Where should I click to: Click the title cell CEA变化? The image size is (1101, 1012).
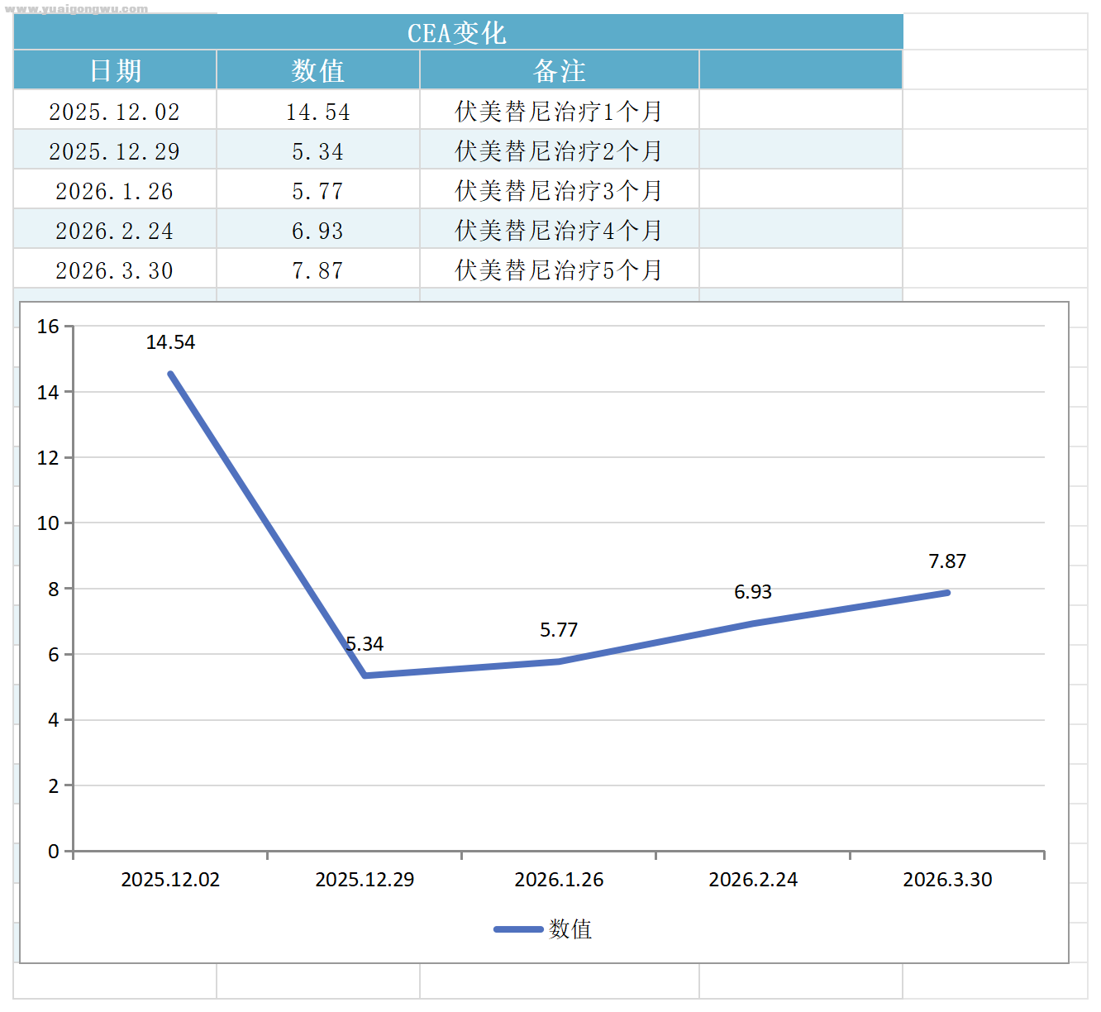pyautogui.click(x=457, y=33)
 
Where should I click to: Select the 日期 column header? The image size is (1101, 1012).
pyautogui.click(x=115, y=70)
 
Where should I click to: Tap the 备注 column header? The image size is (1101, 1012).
pyautogui.click(x=559, y=70)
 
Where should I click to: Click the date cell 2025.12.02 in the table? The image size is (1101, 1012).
pyautogui.click(x=114, y=111)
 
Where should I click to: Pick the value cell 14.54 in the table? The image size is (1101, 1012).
pyautogui.click(x=317, y=111)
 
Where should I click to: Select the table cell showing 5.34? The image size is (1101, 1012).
pyautogui.click(x=317, y=150)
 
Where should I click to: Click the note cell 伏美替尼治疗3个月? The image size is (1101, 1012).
pyautogui.click(x=559, y=190)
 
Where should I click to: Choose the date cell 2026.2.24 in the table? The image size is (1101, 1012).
pyautogui.click(x=114, y=230)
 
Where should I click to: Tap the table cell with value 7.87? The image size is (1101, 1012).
pyautogui.click(x=317, y=270)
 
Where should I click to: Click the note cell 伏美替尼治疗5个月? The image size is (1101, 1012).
pyautogui.click(x=559, y=270)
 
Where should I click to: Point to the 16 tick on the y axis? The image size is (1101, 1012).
pyautogui.click(x=48, y=327)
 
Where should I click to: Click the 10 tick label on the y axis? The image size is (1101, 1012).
pyautogui.click(x=48, y=523)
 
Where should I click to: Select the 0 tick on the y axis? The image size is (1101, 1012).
pyautogui.click(x=54, y=851)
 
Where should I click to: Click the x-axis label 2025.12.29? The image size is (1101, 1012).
pyautogui.click(x=365, y=879)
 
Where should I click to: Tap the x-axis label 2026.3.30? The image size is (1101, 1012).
pyautogui.click(x=947, y=879)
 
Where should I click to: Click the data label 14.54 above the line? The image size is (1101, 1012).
pyautogui.click(x=170, y=342)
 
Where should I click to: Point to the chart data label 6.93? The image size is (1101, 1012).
pyautogui.click(x=753, y=592)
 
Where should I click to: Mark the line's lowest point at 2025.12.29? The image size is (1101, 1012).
pyautogui.click(x=365, y=675)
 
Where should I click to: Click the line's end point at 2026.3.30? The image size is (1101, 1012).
pyautogui.click(x=947, y=593)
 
